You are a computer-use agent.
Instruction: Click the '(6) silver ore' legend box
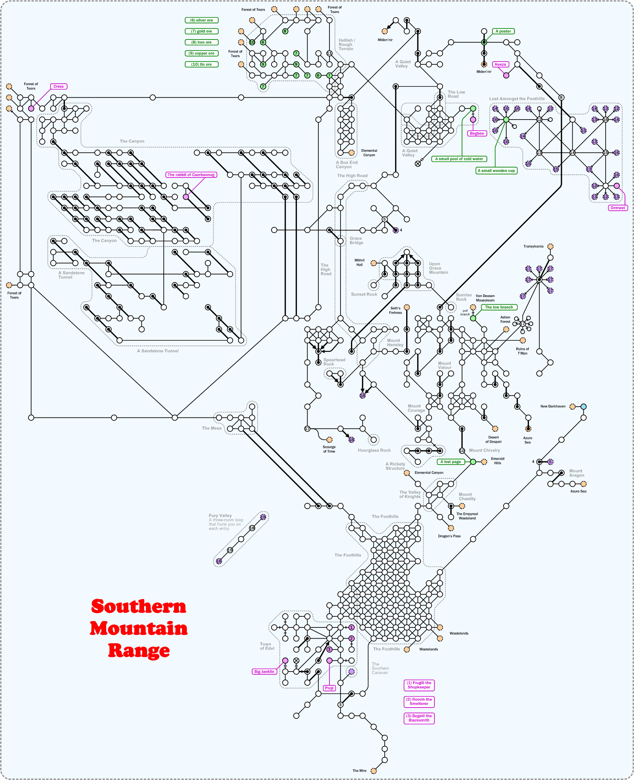click(201, 20)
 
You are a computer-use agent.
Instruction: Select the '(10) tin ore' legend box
click(201, 64)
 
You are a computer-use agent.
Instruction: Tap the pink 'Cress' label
click(59, 87)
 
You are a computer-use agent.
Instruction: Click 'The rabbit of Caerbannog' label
click(191, 175)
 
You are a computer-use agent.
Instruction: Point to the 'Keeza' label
click(501, 64)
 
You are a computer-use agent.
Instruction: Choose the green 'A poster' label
click(503, 31)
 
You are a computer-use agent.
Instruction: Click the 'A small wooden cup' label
click(496, 171)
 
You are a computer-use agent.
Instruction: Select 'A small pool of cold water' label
click(459, 159)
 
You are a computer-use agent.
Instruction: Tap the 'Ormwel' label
click(618, 208)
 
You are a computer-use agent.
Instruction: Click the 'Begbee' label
click(477, 133)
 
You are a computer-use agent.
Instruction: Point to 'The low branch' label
click(499, 307)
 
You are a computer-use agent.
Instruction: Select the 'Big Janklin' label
click(264, 672)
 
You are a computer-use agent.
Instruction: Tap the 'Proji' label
click(329, 688)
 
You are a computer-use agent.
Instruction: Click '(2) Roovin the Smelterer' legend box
click(419, 701)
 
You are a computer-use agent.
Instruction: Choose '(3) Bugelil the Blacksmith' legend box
click(419, 718)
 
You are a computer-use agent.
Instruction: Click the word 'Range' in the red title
click(139, 651)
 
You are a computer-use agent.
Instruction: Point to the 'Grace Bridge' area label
click(356, 240)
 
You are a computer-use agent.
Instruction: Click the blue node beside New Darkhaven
click(583, 406)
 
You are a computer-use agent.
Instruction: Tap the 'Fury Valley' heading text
click(220, 516)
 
